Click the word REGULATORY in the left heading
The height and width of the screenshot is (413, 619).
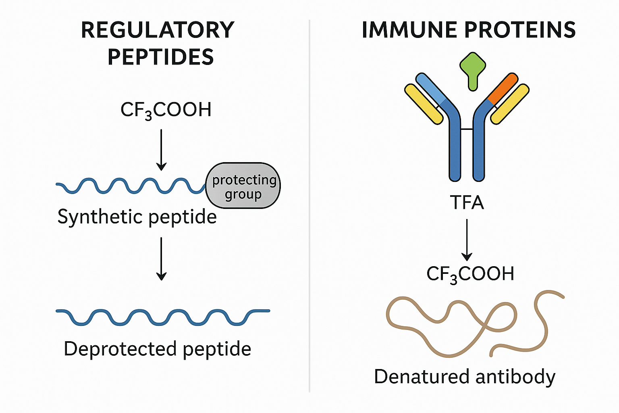158,30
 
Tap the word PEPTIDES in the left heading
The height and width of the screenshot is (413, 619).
160,57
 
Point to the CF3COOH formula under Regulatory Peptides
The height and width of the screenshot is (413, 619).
166,110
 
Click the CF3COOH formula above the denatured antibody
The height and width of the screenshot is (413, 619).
470,274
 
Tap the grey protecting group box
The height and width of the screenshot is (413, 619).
243,186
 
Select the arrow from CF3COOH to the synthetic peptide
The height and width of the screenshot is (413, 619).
161,150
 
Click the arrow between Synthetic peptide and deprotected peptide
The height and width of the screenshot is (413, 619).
161,259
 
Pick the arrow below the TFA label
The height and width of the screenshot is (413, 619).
467,240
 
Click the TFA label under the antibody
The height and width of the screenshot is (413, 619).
467,202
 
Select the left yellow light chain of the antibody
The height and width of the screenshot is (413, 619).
423,104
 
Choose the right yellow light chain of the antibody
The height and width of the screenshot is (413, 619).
510,104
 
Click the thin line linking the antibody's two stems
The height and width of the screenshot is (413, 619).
467,129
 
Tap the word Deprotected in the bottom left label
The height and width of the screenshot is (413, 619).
120,349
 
